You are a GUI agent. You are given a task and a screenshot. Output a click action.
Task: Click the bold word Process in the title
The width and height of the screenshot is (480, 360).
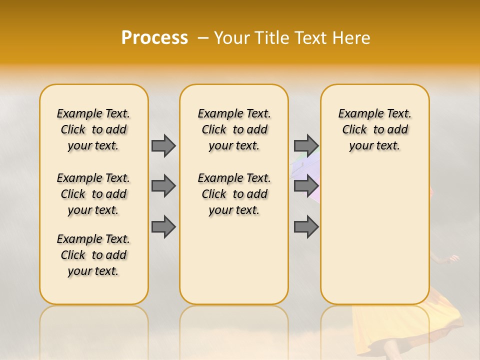(154, 38)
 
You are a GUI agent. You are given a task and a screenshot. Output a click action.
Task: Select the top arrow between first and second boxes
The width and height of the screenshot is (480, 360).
(163, 146)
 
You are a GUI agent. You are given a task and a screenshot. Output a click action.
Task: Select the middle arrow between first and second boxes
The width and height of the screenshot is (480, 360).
(163, 186)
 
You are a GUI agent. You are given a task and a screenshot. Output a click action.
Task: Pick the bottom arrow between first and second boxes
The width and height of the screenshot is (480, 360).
(163, 227)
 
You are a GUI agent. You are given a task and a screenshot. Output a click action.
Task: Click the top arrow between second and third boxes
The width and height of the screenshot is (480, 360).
(306, 146)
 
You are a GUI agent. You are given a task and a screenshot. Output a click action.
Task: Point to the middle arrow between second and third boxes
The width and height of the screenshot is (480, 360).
(306, 186)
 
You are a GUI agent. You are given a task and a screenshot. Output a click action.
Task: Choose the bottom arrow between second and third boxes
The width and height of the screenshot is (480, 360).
(306, 227)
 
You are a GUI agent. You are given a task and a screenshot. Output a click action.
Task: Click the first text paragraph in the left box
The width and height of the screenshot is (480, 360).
(93, 129)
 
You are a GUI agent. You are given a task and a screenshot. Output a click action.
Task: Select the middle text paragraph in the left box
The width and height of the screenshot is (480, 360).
(93, 194)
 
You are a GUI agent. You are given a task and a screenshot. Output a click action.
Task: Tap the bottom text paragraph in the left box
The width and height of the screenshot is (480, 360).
(93, 255)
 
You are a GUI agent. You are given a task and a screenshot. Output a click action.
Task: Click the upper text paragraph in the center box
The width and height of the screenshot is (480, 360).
(234, 129)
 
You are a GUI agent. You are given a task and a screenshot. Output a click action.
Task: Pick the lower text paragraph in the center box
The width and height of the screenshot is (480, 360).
(234, 194)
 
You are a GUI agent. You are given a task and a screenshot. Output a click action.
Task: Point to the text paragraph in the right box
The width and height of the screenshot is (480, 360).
(375, 129)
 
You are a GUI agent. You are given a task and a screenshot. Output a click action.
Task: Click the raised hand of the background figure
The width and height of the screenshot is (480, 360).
(454, 258)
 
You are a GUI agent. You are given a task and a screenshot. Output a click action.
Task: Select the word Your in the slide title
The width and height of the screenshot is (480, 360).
(232, 38)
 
